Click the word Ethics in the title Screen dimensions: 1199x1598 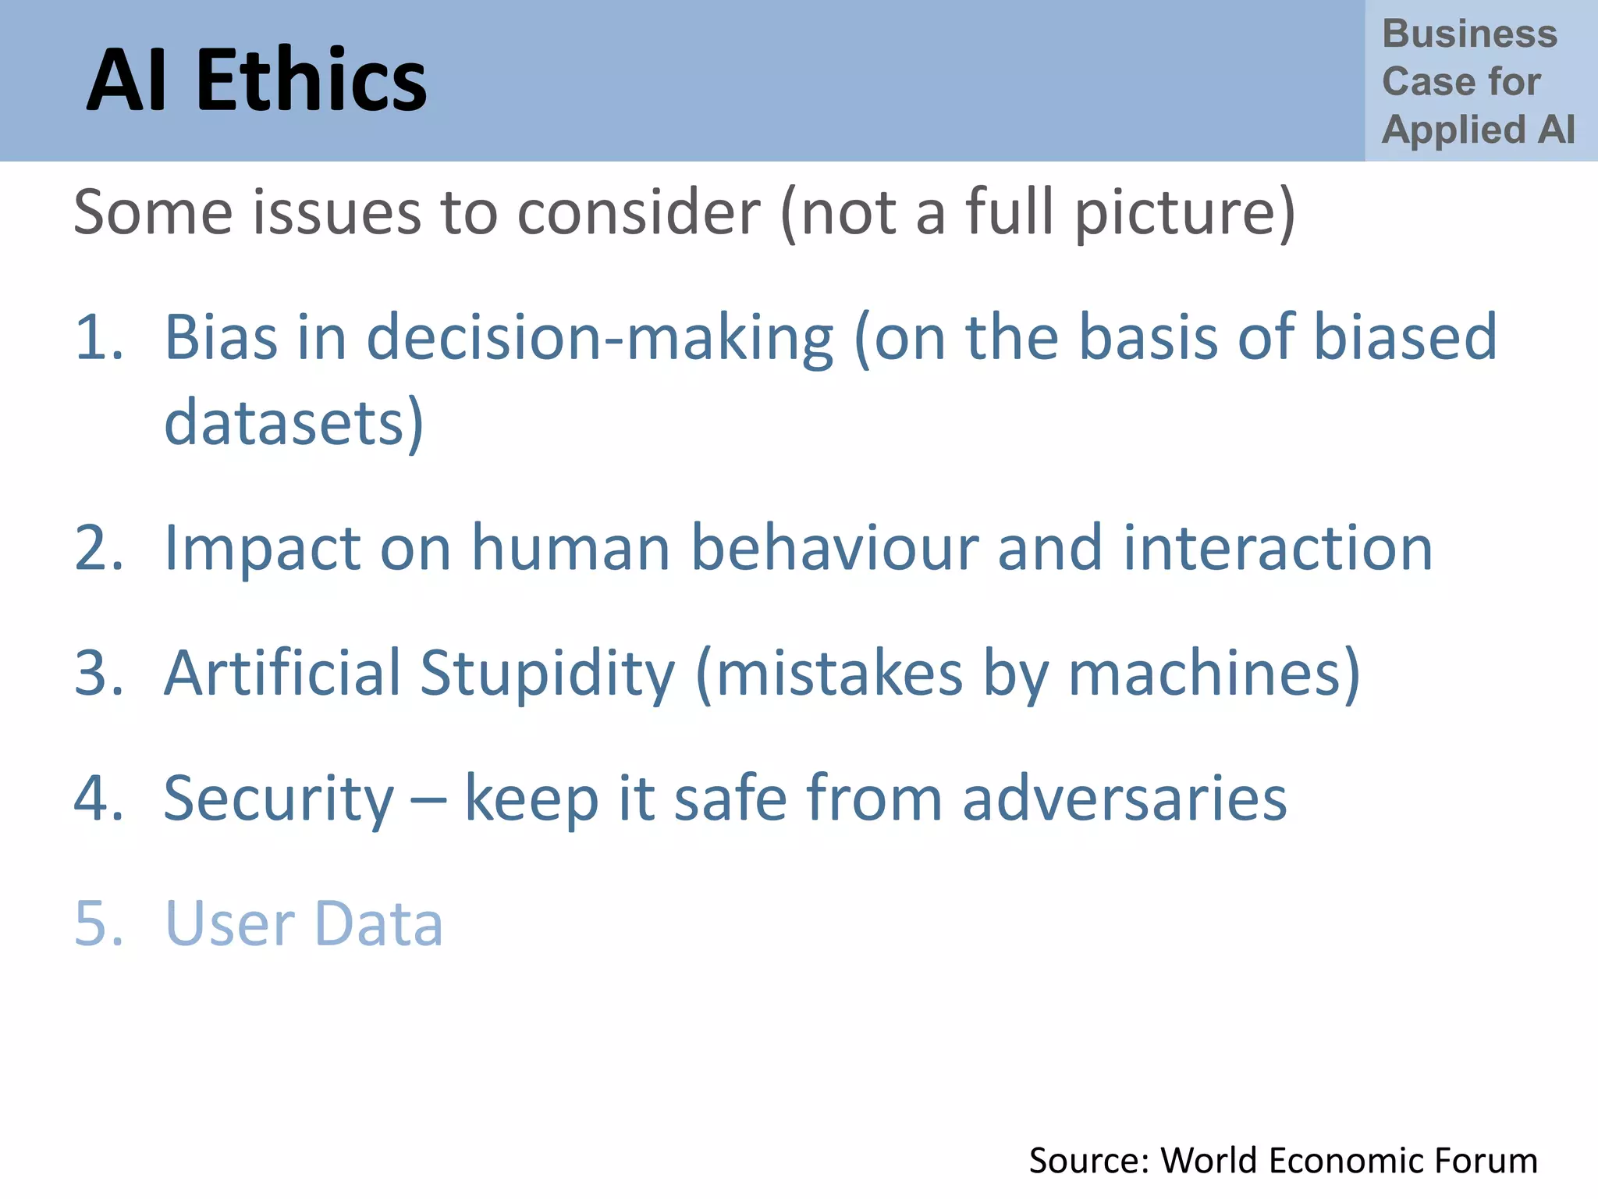tap(311, 80)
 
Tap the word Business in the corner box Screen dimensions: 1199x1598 tap(1469, 34)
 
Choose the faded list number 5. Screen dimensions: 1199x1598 tap(98, 923)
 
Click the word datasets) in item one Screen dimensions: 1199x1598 tap(293, 422)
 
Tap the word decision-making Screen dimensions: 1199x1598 tap(600, 339)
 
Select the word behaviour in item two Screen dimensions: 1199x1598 tap(834, 548)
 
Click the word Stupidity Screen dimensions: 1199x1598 tap(547, 673)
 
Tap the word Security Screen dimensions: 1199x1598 tap(279, 799)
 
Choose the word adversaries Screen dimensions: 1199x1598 tap(1124, 799)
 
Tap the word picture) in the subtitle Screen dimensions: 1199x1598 tap(1184, 212)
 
